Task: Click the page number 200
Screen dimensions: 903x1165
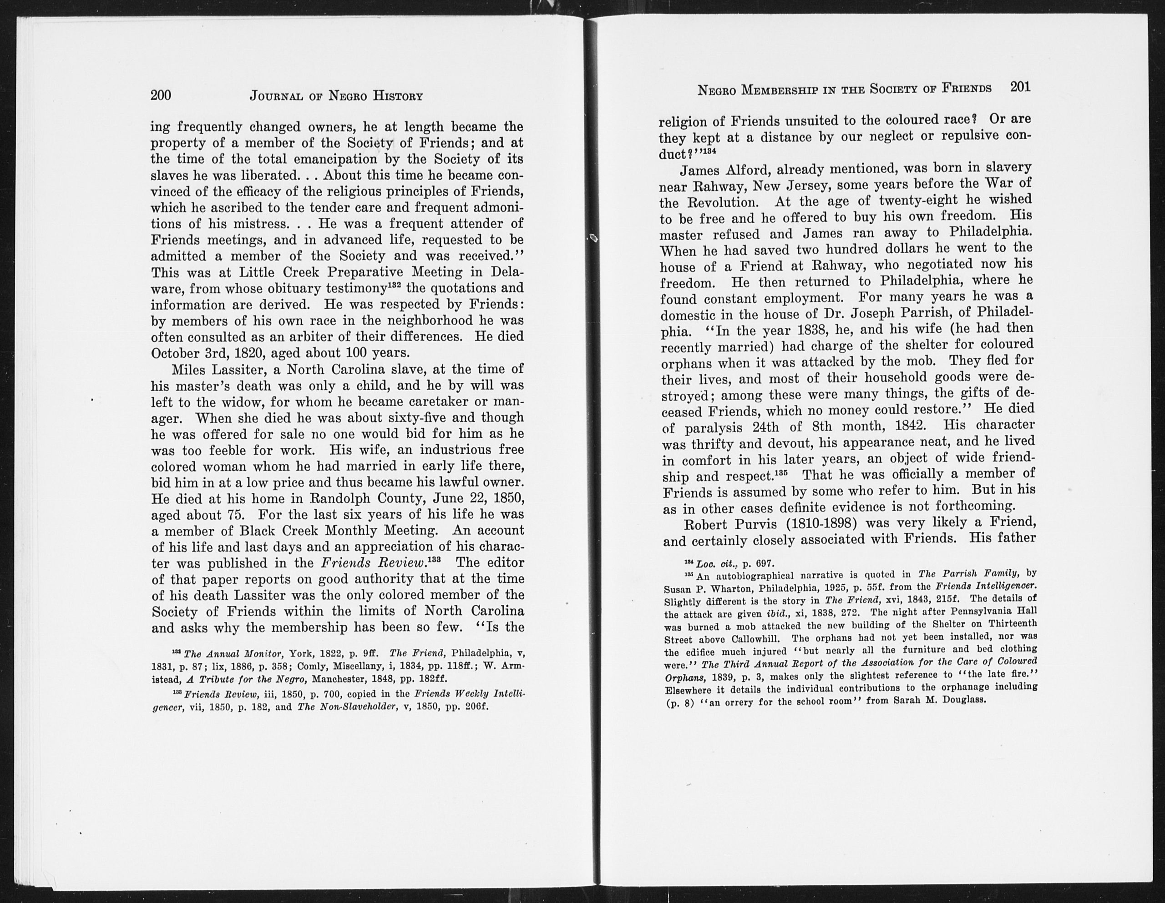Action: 161,95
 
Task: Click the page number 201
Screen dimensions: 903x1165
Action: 1020,87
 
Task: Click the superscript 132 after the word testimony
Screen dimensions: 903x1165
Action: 394,285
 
